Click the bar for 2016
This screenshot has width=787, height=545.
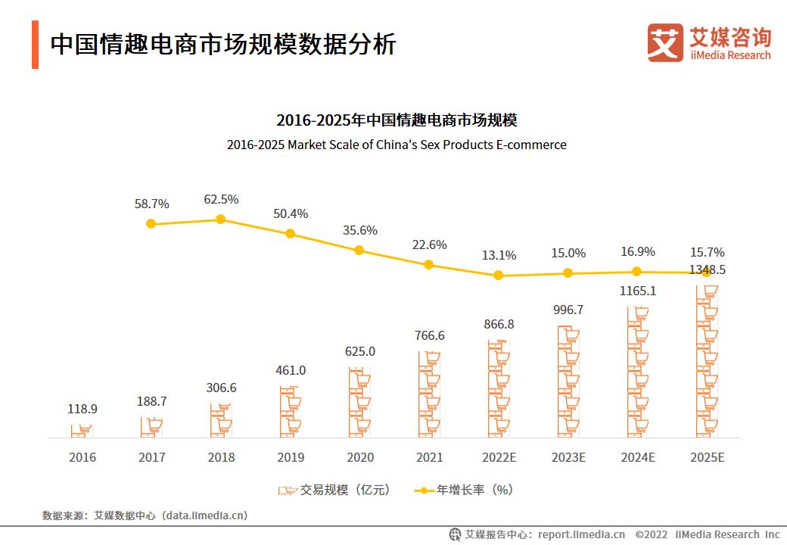coord(82,431)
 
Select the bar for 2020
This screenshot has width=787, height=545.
coord(360,403)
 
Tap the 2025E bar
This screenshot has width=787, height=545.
coord(707,362)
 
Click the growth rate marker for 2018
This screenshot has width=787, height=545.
coord(220,219)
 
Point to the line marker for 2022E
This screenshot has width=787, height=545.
coord(498,276)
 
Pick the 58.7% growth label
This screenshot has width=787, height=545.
coord(151,204)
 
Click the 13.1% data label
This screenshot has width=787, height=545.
coord(499,255)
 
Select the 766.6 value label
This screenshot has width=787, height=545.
coord(429,335)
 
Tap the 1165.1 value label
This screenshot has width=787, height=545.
coord(637,291)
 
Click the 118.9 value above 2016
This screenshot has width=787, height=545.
coord(82,409)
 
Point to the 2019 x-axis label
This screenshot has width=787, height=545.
coord(291,457)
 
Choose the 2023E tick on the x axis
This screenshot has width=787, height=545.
coord(568,457)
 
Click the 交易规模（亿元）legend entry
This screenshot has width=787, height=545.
coord(334,490)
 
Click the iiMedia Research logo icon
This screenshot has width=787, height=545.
coord(664,42)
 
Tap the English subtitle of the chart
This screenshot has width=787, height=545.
coord(397,145)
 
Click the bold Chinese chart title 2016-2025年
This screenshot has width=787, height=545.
coord(397,120)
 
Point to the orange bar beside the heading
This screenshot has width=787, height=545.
coord(35,45)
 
